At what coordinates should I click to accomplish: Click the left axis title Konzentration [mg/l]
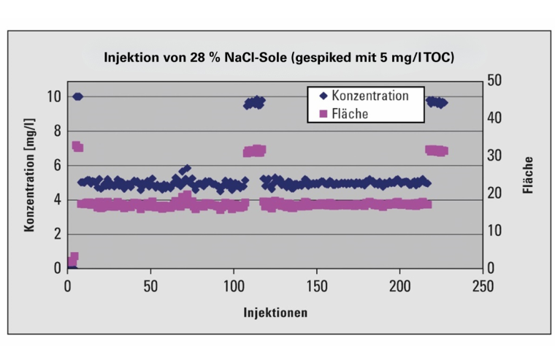[x=30, y=180]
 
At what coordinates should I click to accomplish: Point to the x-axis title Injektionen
[x=275, y=313]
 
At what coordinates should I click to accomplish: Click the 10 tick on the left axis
[x=53, y=96]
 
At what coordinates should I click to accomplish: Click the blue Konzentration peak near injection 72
[x=187, y=169]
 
